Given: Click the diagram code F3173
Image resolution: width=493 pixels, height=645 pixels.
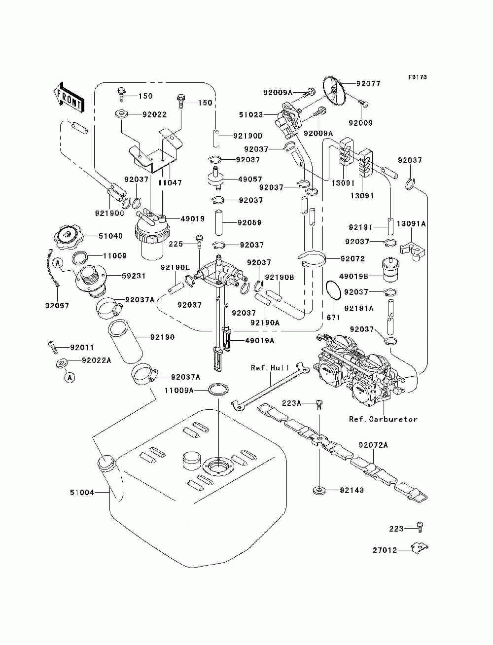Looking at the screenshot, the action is [417, 77].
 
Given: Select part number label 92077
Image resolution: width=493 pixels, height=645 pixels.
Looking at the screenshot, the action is [368, 84].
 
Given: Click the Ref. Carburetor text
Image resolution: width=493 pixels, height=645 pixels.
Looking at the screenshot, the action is [383, 419].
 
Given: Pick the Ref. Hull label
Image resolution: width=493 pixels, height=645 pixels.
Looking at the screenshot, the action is [270, 367].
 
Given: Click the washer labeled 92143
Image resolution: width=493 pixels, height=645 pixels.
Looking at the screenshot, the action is [318, 490].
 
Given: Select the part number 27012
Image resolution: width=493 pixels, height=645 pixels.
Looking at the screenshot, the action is [385, 550].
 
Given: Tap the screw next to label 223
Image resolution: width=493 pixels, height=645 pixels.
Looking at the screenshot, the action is [420, 527].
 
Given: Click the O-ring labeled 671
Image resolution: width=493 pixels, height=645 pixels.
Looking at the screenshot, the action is [333, 290].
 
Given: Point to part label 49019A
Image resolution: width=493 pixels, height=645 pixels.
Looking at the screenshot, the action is [260, 341].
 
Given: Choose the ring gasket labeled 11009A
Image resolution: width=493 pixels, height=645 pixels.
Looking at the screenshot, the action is [218, 390].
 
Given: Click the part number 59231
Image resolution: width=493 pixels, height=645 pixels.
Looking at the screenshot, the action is [134, 276].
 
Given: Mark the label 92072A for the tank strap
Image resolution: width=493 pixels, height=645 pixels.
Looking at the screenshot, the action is [373, 445].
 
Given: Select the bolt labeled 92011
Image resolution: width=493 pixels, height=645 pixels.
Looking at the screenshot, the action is [53, 347].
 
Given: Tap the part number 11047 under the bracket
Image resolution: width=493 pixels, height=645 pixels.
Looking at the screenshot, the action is [170, 182].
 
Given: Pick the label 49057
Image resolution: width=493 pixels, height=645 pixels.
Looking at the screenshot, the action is [250, 179].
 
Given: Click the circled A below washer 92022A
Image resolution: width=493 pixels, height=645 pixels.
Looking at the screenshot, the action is [70, 377].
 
